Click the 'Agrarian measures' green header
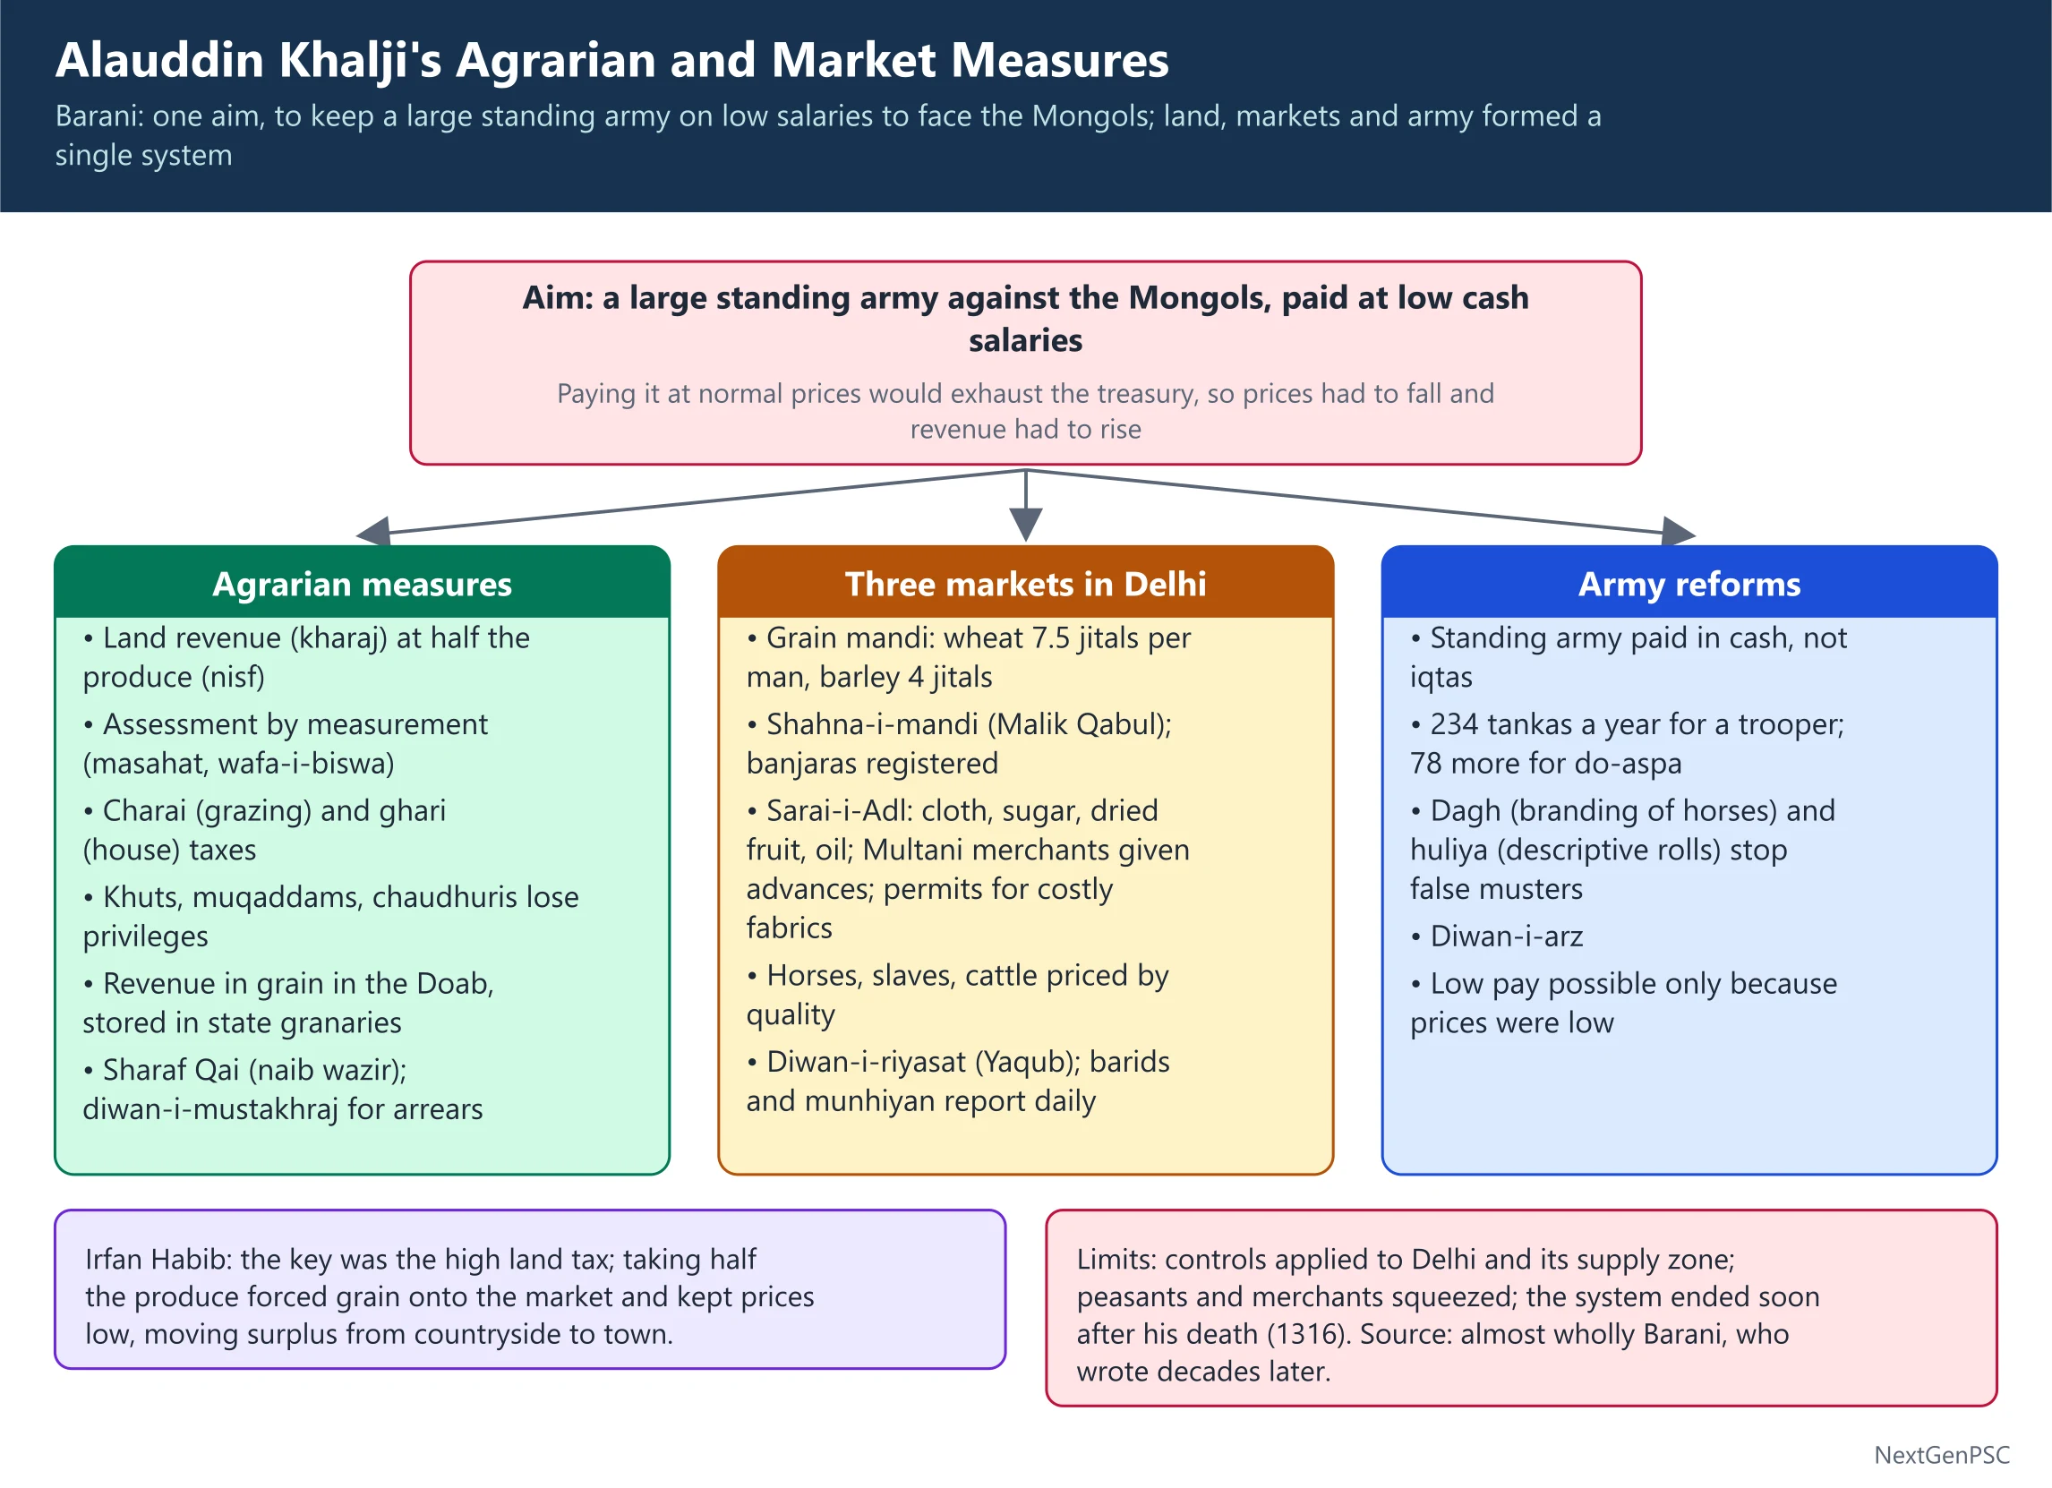[x=362, y=585]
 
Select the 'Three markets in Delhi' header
[x=1025, y=585]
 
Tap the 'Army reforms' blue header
[x=1689, y=585]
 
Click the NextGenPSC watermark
[x=1942, y=1456]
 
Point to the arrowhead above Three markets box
[x=1025, y=524]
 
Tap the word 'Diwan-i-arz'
[x=1507, y=936]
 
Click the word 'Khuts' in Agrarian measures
[x=141, y=897]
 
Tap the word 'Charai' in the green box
[x=145, y=810]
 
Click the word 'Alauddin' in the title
[x=159, y=61]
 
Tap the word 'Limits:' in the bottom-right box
[x=1116, y=1259]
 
